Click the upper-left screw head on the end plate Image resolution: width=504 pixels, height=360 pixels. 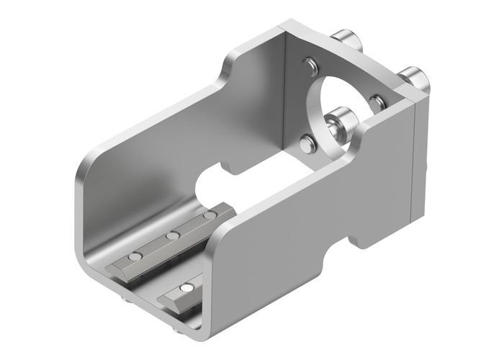pyautogui.click(x=310, y=66)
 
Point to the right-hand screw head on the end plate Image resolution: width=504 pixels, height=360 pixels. pyautogui.click(x=377, y=102)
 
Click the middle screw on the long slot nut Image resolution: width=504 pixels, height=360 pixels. pyautogui.click(x=172, y=235)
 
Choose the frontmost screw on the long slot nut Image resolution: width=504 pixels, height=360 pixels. pyautogui.click(x=135, y=257)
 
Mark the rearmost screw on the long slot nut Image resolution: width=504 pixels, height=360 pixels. pyautogui.click(x=209, y=215)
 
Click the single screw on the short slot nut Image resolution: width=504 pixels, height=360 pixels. pyautogui.click(x=186, y=287)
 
